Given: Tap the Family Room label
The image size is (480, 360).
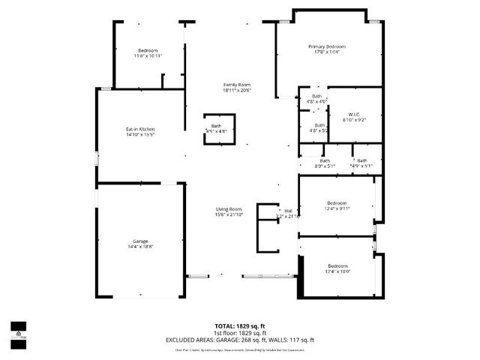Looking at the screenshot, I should click(236, 85).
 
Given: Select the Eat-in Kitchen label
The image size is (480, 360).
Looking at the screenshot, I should click(139, 129).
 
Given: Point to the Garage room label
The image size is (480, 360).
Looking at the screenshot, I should click(140, 241).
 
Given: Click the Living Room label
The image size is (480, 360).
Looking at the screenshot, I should click(229, 209).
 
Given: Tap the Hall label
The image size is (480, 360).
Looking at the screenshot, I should click(288, 211).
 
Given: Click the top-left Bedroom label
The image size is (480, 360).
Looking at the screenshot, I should click(148, 50).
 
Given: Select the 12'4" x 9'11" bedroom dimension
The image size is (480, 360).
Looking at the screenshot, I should click(337, 209).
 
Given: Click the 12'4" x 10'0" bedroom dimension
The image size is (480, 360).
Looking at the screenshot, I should click(337, 271).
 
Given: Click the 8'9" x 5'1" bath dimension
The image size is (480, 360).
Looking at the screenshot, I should click(325, 166).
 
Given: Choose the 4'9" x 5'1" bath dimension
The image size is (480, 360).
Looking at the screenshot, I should click(361, 166).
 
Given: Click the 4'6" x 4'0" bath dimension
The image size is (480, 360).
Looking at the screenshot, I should click(316, 101).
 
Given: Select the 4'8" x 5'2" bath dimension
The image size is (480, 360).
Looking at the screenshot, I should click(319, 130).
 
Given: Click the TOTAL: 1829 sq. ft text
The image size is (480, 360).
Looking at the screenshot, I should click(240, 326).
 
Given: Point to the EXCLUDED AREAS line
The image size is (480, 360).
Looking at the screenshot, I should click(240, 340).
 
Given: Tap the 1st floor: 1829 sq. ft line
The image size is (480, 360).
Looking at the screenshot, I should click(240, 333).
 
